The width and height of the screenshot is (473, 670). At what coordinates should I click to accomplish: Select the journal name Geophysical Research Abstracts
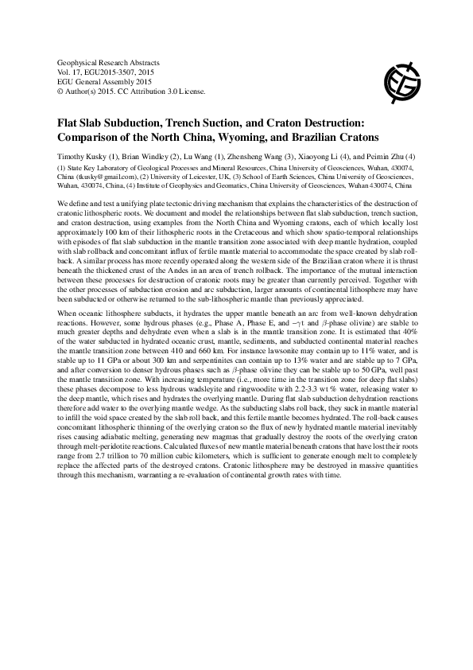click(110, 61)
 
